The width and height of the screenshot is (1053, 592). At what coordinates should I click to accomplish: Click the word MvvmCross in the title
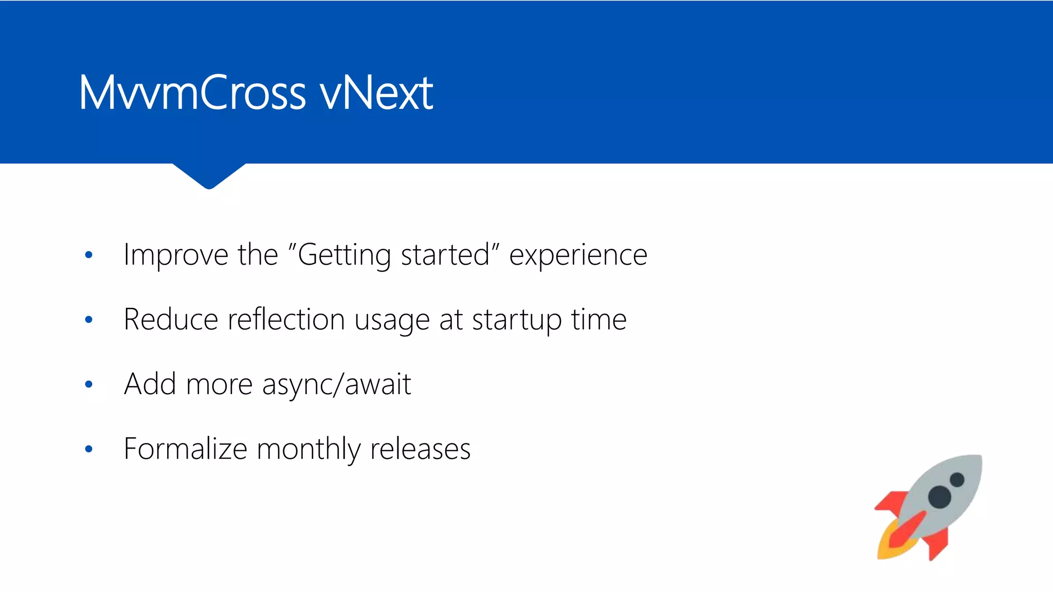pos(193,93)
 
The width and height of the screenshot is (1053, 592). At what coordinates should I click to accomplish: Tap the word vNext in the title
pos(376,93)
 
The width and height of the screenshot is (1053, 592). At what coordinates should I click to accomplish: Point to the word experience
pos(578,255)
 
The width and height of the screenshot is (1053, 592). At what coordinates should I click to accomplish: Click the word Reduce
pos(171,320)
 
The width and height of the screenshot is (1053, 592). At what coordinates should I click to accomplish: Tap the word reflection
pos(286,320)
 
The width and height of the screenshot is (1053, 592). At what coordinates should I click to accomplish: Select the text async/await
pos(337,385)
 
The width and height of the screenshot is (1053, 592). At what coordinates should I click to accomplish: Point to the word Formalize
pos(186,449)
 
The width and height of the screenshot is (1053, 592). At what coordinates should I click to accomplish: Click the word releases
pos(420,449)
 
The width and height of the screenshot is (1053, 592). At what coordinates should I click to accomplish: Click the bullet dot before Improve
pos(88,255)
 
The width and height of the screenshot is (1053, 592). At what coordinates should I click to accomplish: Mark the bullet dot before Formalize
pos(88,449)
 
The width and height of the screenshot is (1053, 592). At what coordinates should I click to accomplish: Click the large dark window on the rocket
pos(939,496)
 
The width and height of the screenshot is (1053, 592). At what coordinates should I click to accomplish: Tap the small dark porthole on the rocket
pos(957,480)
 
